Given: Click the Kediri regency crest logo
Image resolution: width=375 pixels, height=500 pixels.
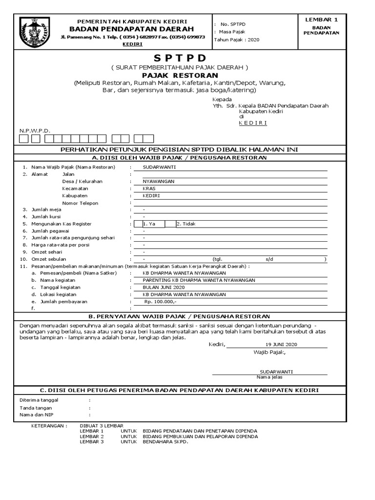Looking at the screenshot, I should (x=35, y=32).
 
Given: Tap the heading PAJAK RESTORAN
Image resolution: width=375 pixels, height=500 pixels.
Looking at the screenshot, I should (x=180, y=76).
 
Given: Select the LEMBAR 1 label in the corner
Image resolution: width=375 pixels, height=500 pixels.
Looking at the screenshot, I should (x=321, y=19).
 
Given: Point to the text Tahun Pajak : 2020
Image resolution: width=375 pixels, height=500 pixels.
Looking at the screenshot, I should (x=237, y=40).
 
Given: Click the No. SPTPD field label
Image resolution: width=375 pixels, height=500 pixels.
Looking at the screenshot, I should (x=233, y=24).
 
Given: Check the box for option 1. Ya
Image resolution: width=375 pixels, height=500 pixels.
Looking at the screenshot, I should (x=138, y=224).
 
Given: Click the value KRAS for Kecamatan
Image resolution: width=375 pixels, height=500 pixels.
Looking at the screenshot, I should (x=148, y=188).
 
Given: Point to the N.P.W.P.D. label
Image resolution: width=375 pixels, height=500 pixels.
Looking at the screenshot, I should (x=35, y=131).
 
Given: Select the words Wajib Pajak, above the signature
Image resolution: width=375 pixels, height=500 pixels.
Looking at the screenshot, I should (x=269, y=352).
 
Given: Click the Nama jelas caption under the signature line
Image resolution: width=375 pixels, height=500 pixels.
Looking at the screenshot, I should (x=269, y=377).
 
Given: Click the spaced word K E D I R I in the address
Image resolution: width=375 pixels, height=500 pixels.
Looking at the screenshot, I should (x=252, y=123).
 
